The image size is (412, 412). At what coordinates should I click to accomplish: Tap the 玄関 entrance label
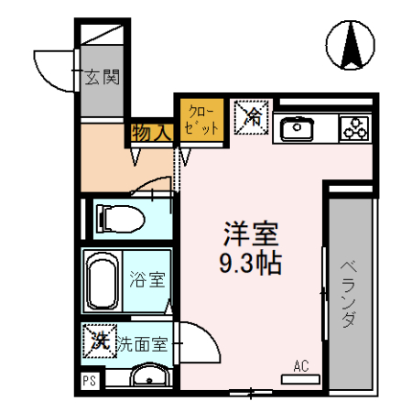point(103,78)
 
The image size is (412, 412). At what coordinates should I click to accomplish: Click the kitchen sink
point(297,128)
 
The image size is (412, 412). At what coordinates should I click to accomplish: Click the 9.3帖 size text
point(250,264)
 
